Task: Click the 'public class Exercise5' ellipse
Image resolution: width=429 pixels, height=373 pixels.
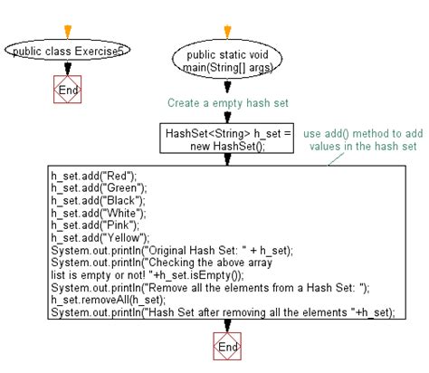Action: [x=68, y=51]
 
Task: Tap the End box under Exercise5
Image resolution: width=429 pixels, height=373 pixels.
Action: [x=68, y=90]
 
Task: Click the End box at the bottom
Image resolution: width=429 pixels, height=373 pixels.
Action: [x=227, y=347]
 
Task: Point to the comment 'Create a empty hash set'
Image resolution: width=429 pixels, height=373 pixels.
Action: [x=228, y=103]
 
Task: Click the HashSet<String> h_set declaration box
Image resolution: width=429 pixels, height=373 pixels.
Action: [x=227, y=139]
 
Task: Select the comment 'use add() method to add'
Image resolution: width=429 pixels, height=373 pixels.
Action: [x=363, y=133]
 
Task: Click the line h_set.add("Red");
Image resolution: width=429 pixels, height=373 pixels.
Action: [x=94, y=176]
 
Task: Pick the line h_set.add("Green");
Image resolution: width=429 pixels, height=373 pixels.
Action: [x=99, y=188]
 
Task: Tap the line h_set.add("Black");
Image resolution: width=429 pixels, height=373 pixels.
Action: [x=98, y=200]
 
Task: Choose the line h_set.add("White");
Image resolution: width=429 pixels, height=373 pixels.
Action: [x=99, y=213]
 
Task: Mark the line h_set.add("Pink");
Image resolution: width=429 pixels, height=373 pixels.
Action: [x=95, y=225]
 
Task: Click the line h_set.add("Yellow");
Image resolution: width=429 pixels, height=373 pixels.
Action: [x=100, y=238]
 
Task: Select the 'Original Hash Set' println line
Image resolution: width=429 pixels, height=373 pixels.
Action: [x=172, y=251]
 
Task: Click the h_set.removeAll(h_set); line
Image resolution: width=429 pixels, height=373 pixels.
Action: [x=109, y=300]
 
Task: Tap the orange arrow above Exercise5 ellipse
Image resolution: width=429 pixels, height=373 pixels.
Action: [x=68, y=32]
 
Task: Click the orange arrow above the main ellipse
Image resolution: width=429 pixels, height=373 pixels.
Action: [x=227, y=32]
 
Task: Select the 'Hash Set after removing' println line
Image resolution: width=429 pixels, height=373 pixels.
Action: [x=223, y=312]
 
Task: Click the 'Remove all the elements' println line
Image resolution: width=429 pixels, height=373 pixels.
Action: [x=210, y=288]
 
